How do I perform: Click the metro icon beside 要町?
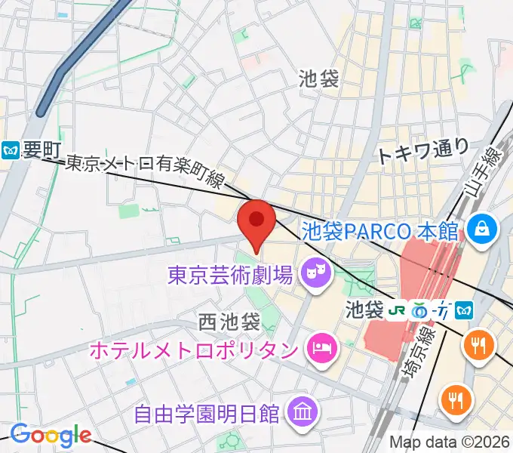click(11, 150)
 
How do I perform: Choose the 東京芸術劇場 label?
click(229, 273)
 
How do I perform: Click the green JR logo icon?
click(397, 310)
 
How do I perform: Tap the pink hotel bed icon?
click(321, 349)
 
